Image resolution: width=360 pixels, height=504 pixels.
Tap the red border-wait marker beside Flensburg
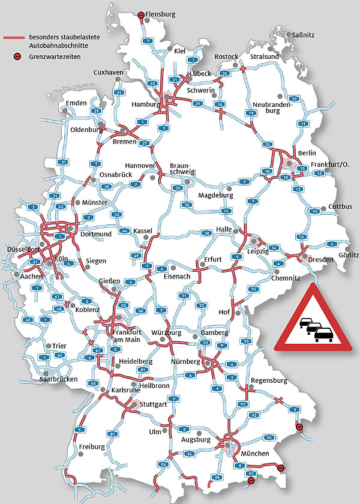tap(141, 14)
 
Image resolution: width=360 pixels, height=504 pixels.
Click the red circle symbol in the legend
tap(18, 56)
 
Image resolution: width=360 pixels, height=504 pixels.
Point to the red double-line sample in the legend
tap(14, 38)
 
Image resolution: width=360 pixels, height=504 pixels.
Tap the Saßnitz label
tap(303, 35)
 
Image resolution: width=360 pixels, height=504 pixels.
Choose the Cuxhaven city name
tap(108, 73)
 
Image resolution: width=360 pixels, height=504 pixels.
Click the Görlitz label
tap(349, 255)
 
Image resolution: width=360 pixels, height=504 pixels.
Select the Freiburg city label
tap(92, 447)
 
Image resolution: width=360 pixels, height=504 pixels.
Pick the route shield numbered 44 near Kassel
tap(125, 230)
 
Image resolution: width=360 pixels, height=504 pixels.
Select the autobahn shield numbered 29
tap(95, 111)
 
